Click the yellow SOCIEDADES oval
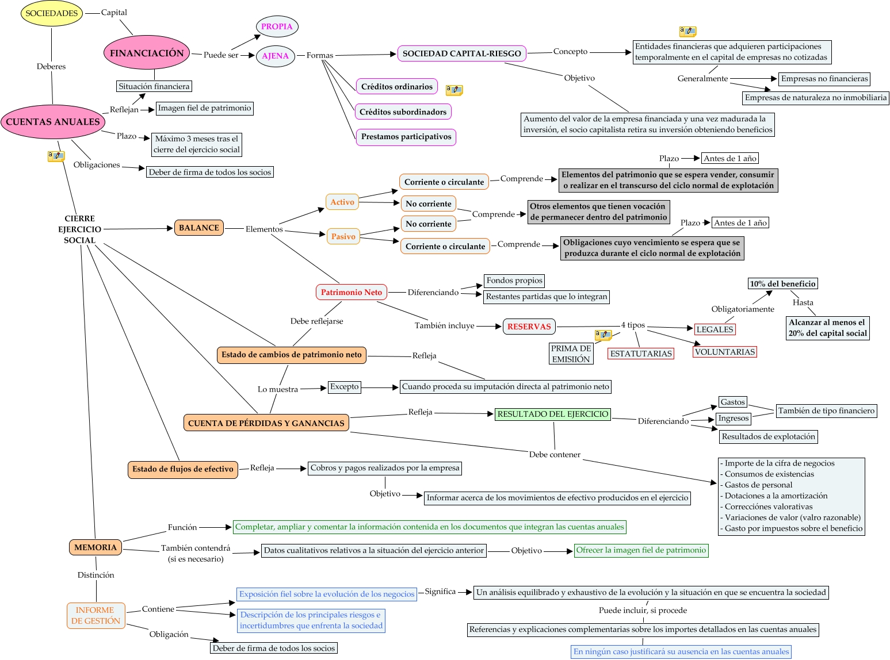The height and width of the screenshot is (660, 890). (x=51, y=13)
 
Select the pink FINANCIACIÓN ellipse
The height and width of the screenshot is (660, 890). (x=147, y=52)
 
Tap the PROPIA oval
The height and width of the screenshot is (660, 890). (x=277, y=26)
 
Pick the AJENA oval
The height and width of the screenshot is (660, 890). (x=275, y=56)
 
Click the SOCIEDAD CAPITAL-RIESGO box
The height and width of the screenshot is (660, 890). (x=461, y=53)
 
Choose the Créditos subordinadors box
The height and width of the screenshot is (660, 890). (x=403, y=112)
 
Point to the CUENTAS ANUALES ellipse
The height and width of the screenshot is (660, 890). (x=52, y=122)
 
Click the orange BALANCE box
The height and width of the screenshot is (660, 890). (x=198, y=228)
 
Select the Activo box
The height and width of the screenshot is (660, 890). (x=342, y=202)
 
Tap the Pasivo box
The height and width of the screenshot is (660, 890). (x=343, y=236)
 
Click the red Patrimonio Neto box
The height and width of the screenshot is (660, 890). (x=351, y=292)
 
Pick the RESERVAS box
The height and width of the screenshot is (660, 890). (x=529, y=327)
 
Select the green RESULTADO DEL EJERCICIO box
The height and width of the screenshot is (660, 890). (x=553, y=414)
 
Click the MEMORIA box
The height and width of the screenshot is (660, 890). (x=95, y=547)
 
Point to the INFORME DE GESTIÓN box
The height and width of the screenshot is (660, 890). (x=96, y=616)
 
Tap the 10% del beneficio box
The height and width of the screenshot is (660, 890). (x=782, y=284)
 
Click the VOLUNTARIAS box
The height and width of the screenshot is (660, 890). (x=725, y=352)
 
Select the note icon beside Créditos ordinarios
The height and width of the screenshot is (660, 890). (x=454, y=90)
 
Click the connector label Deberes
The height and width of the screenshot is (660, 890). (x=51, y=67)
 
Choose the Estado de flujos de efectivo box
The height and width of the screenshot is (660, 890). (x=182, y=469)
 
